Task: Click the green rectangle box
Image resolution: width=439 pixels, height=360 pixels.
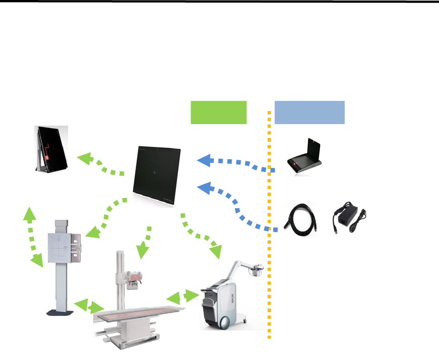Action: point(219,112)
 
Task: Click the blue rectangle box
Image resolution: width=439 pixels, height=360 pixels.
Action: point(310,112)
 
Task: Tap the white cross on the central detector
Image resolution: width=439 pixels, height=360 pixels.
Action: point(155,172)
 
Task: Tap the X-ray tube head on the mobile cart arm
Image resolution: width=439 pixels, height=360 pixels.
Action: point(256,271)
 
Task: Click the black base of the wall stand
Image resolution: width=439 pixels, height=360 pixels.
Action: point(60,312)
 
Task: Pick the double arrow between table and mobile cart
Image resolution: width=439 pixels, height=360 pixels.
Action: point(183,296)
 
